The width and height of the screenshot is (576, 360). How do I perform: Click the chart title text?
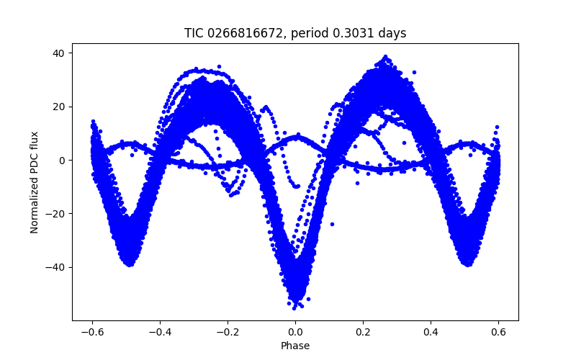295,33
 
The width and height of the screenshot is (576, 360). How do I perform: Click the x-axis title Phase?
295,346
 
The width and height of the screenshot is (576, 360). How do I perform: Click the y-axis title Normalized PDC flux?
34,181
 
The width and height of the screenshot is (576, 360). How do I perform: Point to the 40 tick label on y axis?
58,53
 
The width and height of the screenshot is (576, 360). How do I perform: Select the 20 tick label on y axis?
58,107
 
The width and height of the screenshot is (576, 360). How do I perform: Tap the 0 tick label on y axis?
62,161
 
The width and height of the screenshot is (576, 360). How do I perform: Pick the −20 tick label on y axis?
55,214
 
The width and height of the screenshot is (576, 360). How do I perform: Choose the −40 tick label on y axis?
55,267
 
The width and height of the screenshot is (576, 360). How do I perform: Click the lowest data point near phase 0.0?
294,307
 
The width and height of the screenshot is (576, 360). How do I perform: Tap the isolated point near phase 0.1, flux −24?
332,224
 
